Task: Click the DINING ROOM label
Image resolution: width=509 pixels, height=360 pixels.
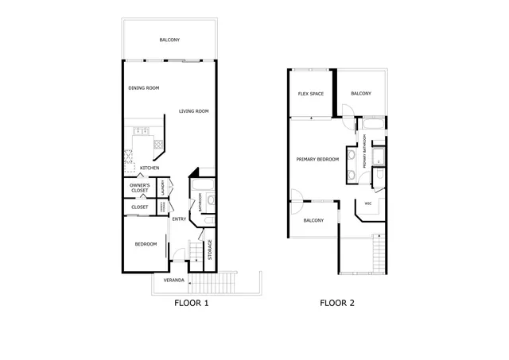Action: click(144, 87)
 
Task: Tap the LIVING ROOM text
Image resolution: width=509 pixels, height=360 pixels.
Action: click(193, 111)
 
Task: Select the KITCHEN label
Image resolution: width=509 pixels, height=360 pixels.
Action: click(150, 168)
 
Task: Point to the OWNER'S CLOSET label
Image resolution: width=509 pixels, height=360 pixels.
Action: click(140, 188)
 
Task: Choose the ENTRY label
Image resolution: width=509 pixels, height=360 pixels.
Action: click(179, 219)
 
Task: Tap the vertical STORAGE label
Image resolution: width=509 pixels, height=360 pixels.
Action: click(210, 250)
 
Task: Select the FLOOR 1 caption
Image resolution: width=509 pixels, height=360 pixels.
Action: click(192, 303)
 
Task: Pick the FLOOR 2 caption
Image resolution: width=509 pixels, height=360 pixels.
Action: click(337, 303)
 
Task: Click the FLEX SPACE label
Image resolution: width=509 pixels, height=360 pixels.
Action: click(311, 94)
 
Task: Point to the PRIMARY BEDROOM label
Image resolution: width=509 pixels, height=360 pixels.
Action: click(317, 159)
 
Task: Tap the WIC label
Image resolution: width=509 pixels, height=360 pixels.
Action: click(368, 203)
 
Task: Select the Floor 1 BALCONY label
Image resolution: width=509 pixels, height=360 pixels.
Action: click(169, 40)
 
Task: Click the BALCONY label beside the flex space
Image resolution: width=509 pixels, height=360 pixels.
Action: click(360, 94)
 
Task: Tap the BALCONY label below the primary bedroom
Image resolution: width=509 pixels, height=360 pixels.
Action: click(313, 220)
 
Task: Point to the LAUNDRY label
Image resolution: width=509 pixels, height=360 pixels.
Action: click(162, 188)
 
